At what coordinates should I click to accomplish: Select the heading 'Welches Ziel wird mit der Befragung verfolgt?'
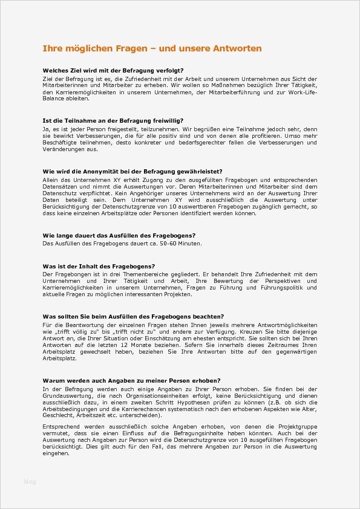[x=113, y=71]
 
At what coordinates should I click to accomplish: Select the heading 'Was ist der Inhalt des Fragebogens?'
[x=99, y=266]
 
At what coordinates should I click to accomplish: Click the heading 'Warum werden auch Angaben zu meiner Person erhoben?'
[x=131, y=380]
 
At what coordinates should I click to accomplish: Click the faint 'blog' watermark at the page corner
[x=30, y=481]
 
